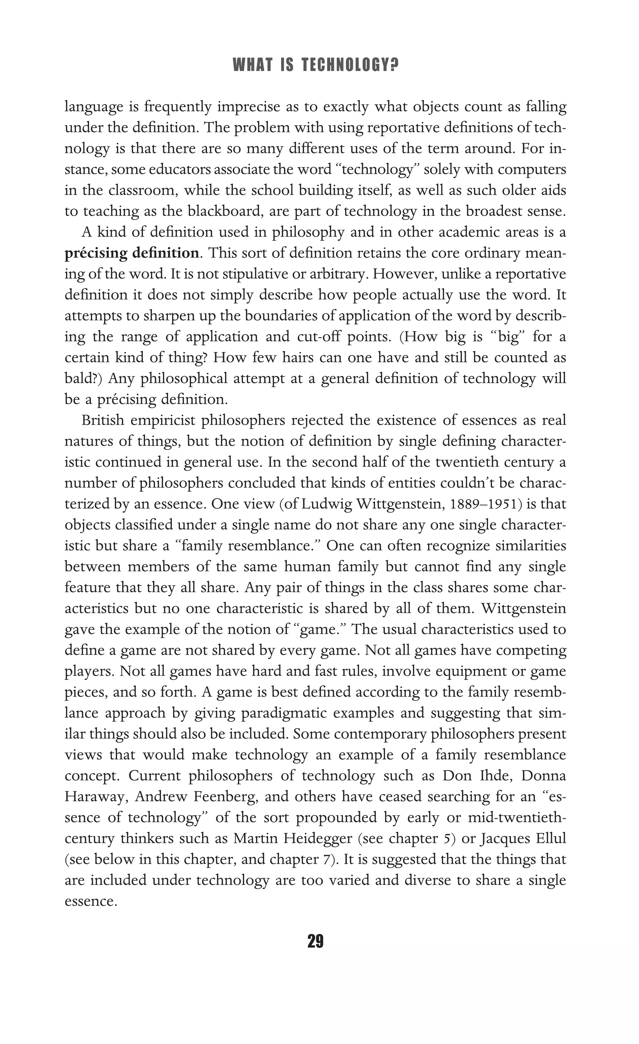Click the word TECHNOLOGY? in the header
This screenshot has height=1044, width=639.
pos(350,66)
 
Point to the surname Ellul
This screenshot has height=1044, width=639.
pos(550,838)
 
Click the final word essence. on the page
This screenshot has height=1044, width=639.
pos(91,901)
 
